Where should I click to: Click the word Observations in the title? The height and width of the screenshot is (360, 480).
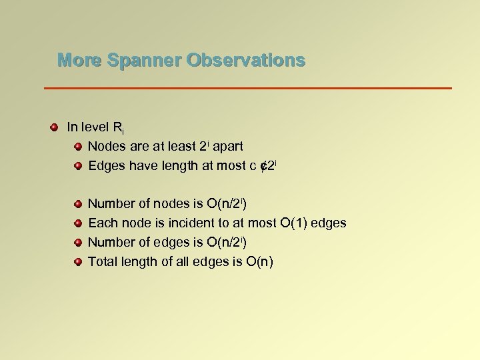pyautogui.click(x=246, y=61)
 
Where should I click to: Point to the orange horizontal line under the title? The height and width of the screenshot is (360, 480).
pyautogui.click(x=247, y=88)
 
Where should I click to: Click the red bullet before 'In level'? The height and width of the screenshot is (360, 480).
pyautogui.click(x=53, y=127)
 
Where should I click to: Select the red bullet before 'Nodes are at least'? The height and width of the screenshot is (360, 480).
pyautogui.click(x=78, y=146)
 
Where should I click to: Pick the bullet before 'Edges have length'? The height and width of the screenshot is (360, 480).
pyautogui.click(x=78, y=165)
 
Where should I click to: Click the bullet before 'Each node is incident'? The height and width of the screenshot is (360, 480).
pyautogui.click(x=78, y=223)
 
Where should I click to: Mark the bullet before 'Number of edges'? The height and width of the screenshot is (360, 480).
pyautogui.click(x=78, y=243)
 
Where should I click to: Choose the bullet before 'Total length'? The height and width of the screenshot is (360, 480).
pyautogui.click(x=78, y=262)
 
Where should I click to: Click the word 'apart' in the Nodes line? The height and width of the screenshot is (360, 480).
pyautogui.click(x=227, y=146)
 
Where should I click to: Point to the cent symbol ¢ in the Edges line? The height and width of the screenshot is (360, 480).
pyautogui.click(x=263, y=165)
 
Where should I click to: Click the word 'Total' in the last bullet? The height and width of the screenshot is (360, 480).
pyautogui.click(x=103, y=262)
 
